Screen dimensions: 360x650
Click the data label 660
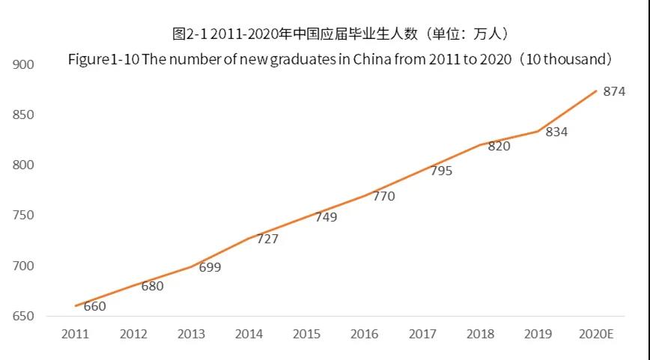pos(94,306)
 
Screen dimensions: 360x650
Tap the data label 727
pos(267,240)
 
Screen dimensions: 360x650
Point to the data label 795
pos(441,171)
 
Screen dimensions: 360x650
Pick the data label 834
pos(556,132)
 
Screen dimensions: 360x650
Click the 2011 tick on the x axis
pos(75,335)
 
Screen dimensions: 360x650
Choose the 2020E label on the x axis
pos(596,335)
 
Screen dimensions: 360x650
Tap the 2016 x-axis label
pos(364,335)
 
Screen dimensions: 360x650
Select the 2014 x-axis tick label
pos(249,335)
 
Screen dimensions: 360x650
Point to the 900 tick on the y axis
pos(24,65)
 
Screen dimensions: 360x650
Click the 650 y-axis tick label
pos(24,317)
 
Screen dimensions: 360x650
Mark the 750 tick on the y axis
pos(24,216)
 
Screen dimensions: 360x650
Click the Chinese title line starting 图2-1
pos(341,34)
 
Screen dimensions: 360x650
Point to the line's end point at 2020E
pos(596,91)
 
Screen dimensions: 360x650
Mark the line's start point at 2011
pos(76,306)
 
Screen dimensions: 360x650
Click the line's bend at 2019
pos(538,132)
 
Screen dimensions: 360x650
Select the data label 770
pos(383,196)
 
